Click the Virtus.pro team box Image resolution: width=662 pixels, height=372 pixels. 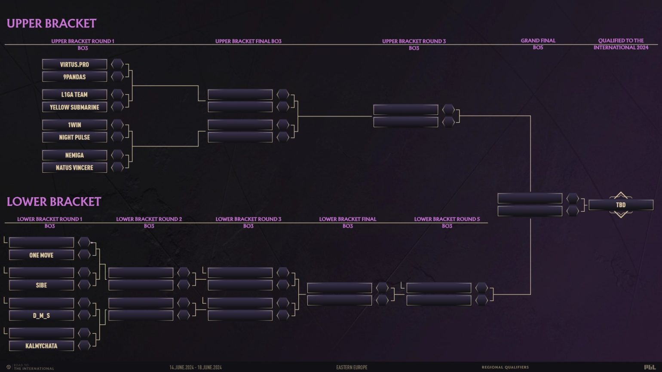[74, 64]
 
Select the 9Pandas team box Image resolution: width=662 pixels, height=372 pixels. [74, 77]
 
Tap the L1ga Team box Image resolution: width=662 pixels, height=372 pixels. [74, 95]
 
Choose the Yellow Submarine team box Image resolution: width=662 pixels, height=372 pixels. [74, 107]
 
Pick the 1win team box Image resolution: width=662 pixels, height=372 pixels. [74, 125]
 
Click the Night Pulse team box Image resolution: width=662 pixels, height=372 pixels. [74, 137]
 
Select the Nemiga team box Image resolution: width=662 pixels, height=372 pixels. [74, 155]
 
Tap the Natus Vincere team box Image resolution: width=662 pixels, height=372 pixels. [74, 168]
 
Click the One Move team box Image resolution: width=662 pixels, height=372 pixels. [41, 255]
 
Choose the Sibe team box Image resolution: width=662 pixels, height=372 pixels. [41, 285]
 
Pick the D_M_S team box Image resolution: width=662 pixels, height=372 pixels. [41, 316]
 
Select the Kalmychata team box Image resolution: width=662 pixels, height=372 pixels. [41, 346]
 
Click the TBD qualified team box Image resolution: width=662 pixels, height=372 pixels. [621, 205]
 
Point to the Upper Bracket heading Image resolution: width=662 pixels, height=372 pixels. [52, 23]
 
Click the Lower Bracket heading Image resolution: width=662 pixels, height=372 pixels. [54, 201]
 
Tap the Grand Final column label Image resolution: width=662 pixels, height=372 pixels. [538, 41]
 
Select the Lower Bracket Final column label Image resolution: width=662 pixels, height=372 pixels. [347, 219]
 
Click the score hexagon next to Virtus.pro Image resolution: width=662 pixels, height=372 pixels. [117, 64]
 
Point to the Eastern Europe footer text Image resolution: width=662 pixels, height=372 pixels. [352, 367]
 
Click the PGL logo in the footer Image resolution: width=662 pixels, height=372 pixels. [650, 367]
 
